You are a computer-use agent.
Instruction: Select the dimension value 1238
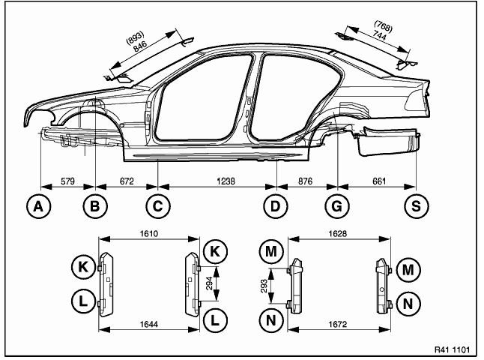[217, 181]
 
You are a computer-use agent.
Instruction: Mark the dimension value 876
[308, 181]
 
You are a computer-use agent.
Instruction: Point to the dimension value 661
[377, 181]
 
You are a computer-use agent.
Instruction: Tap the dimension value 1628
[339, 234]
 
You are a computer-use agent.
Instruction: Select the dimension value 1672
[339, 324]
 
